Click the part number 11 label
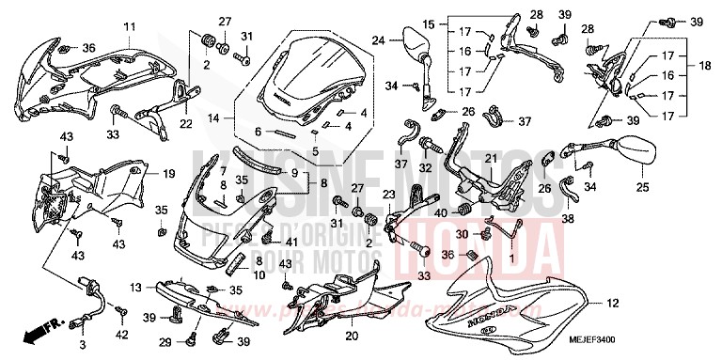[x=129, y=25]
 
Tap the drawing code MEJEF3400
[x=669, y=347]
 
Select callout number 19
[x=168, y=174]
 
